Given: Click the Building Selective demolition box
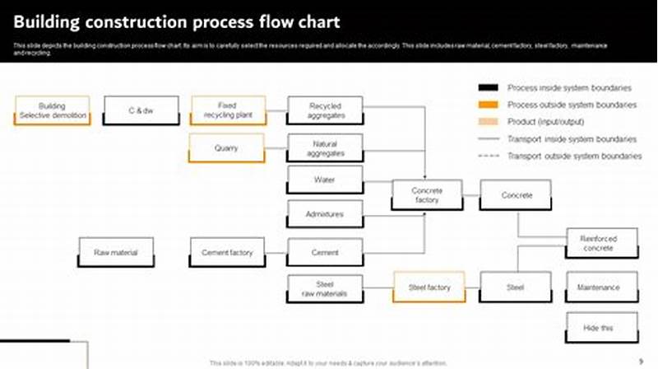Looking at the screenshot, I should point(52,111).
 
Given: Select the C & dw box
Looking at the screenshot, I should point(141,110).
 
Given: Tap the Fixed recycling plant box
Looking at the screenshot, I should point(227,110).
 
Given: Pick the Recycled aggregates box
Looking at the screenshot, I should point(325,110).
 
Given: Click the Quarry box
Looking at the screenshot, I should point(227,148).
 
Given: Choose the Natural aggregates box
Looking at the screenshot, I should point(325,148).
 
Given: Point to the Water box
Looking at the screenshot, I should point(325,180).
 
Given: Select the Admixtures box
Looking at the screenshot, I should point(325,214).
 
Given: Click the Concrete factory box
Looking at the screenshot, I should point(427,195).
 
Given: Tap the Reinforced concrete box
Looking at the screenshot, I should point(601,243).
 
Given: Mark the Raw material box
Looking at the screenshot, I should point(115,252).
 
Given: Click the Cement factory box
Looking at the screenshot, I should point(227,252).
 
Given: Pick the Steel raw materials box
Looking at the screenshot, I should point(325,289).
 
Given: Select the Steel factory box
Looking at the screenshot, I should point(429,287).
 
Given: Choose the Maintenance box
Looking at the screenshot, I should point(601,287).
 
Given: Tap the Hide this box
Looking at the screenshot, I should point(601,328).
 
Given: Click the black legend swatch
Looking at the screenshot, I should point(489,87).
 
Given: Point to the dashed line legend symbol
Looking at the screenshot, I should point(489,156).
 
